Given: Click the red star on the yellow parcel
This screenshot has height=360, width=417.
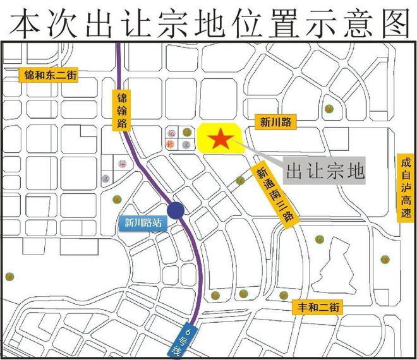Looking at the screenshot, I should (220, 139).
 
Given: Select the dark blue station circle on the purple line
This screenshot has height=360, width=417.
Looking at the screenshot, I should (176, 211).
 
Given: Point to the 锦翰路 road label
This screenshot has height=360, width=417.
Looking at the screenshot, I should (122, 111).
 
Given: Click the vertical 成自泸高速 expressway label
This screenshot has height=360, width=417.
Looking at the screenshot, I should (405, 188).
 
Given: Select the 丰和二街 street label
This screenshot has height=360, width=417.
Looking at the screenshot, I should (318, 308).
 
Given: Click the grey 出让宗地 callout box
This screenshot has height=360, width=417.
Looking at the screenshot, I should (325, 171).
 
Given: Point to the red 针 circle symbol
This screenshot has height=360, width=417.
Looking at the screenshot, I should (171, 145).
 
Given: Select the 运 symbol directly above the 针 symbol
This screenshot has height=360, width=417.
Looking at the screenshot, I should (171, 133).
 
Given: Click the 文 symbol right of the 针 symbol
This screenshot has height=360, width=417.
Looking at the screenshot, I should (186, 145).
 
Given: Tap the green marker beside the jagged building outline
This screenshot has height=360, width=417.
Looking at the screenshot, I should (320, 239).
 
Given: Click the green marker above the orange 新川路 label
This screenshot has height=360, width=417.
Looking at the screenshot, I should (329, 108).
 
